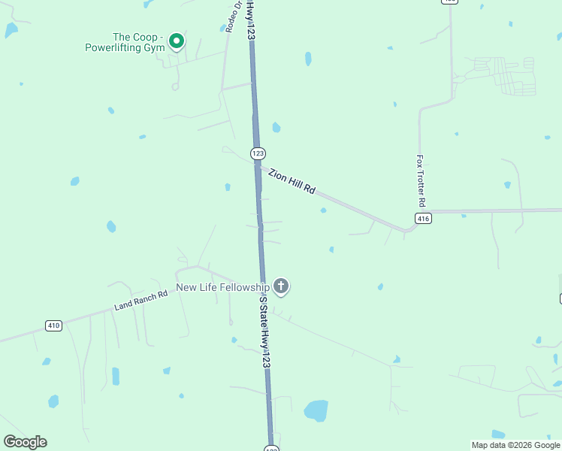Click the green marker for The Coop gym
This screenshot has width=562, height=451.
point(177,41)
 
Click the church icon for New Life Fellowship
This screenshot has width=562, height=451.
point(281,286)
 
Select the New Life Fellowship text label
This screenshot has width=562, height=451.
point(222,287)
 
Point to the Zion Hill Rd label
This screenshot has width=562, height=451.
point(292,183)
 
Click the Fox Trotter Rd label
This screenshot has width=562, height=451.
point(421,182)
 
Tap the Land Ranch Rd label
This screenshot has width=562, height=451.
point(140,301)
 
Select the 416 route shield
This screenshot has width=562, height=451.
point(423,219)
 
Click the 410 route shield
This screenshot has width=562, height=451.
point(53,325)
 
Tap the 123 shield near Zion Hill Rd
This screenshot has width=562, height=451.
point(258,153)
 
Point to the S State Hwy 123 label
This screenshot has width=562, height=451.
point(264,331)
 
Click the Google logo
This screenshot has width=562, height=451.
point(26,442)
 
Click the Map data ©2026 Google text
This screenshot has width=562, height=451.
point(516,445)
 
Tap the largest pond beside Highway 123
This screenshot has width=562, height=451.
point(316,410)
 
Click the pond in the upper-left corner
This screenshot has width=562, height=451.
point(11,30)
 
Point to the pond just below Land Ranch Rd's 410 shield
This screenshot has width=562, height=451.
point(47,361)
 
